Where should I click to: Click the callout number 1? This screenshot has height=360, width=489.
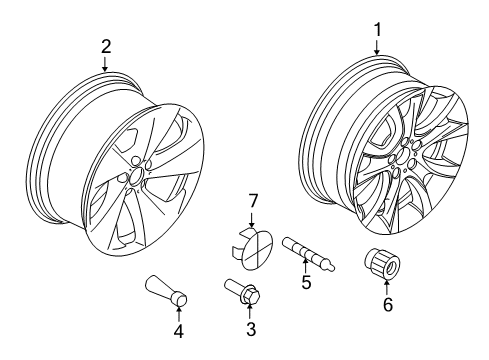tap(377, 30)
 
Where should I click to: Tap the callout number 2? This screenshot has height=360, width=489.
tap(106, 47)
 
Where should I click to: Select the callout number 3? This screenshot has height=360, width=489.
tap(251, 329)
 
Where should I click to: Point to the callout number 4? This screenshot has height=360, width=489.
tap(179, 331)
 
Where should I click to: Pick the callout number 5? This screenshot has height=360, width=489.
tap(306, 282)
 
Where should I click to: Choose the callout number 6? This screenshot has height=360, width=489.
tap(388, 304)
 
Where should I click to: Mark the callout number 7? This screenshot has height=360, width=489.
tap(253, 201)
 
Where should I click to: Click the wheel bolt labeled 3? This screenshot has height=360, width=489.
tap(242, 291)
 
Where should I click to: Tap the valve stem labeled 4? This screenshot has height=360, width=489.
tap(167, 290)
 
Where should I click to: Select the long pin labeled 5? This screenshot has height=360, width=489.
tap(309, 254)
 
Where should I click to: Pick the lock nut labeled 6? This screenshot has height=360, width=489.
tap(381, 264)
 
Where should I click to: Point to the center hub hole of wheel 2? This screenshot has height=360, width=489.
tap(136, 176)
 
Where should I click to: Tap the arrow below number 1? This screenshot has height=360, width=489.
tap(377, 47)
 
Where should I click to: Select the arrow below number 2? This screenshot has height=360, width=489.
tap(105, 64)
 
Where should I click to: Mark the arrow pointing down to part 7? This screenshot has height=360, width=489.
tap(252, 219)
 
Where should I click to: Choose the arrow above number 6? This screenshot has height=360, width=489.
tap(387, 288)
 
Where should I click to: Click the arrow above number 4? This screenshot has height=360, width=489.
tap(179, 314)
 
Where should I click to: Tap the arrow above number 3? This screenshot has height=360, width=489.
tap(250, 312)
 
